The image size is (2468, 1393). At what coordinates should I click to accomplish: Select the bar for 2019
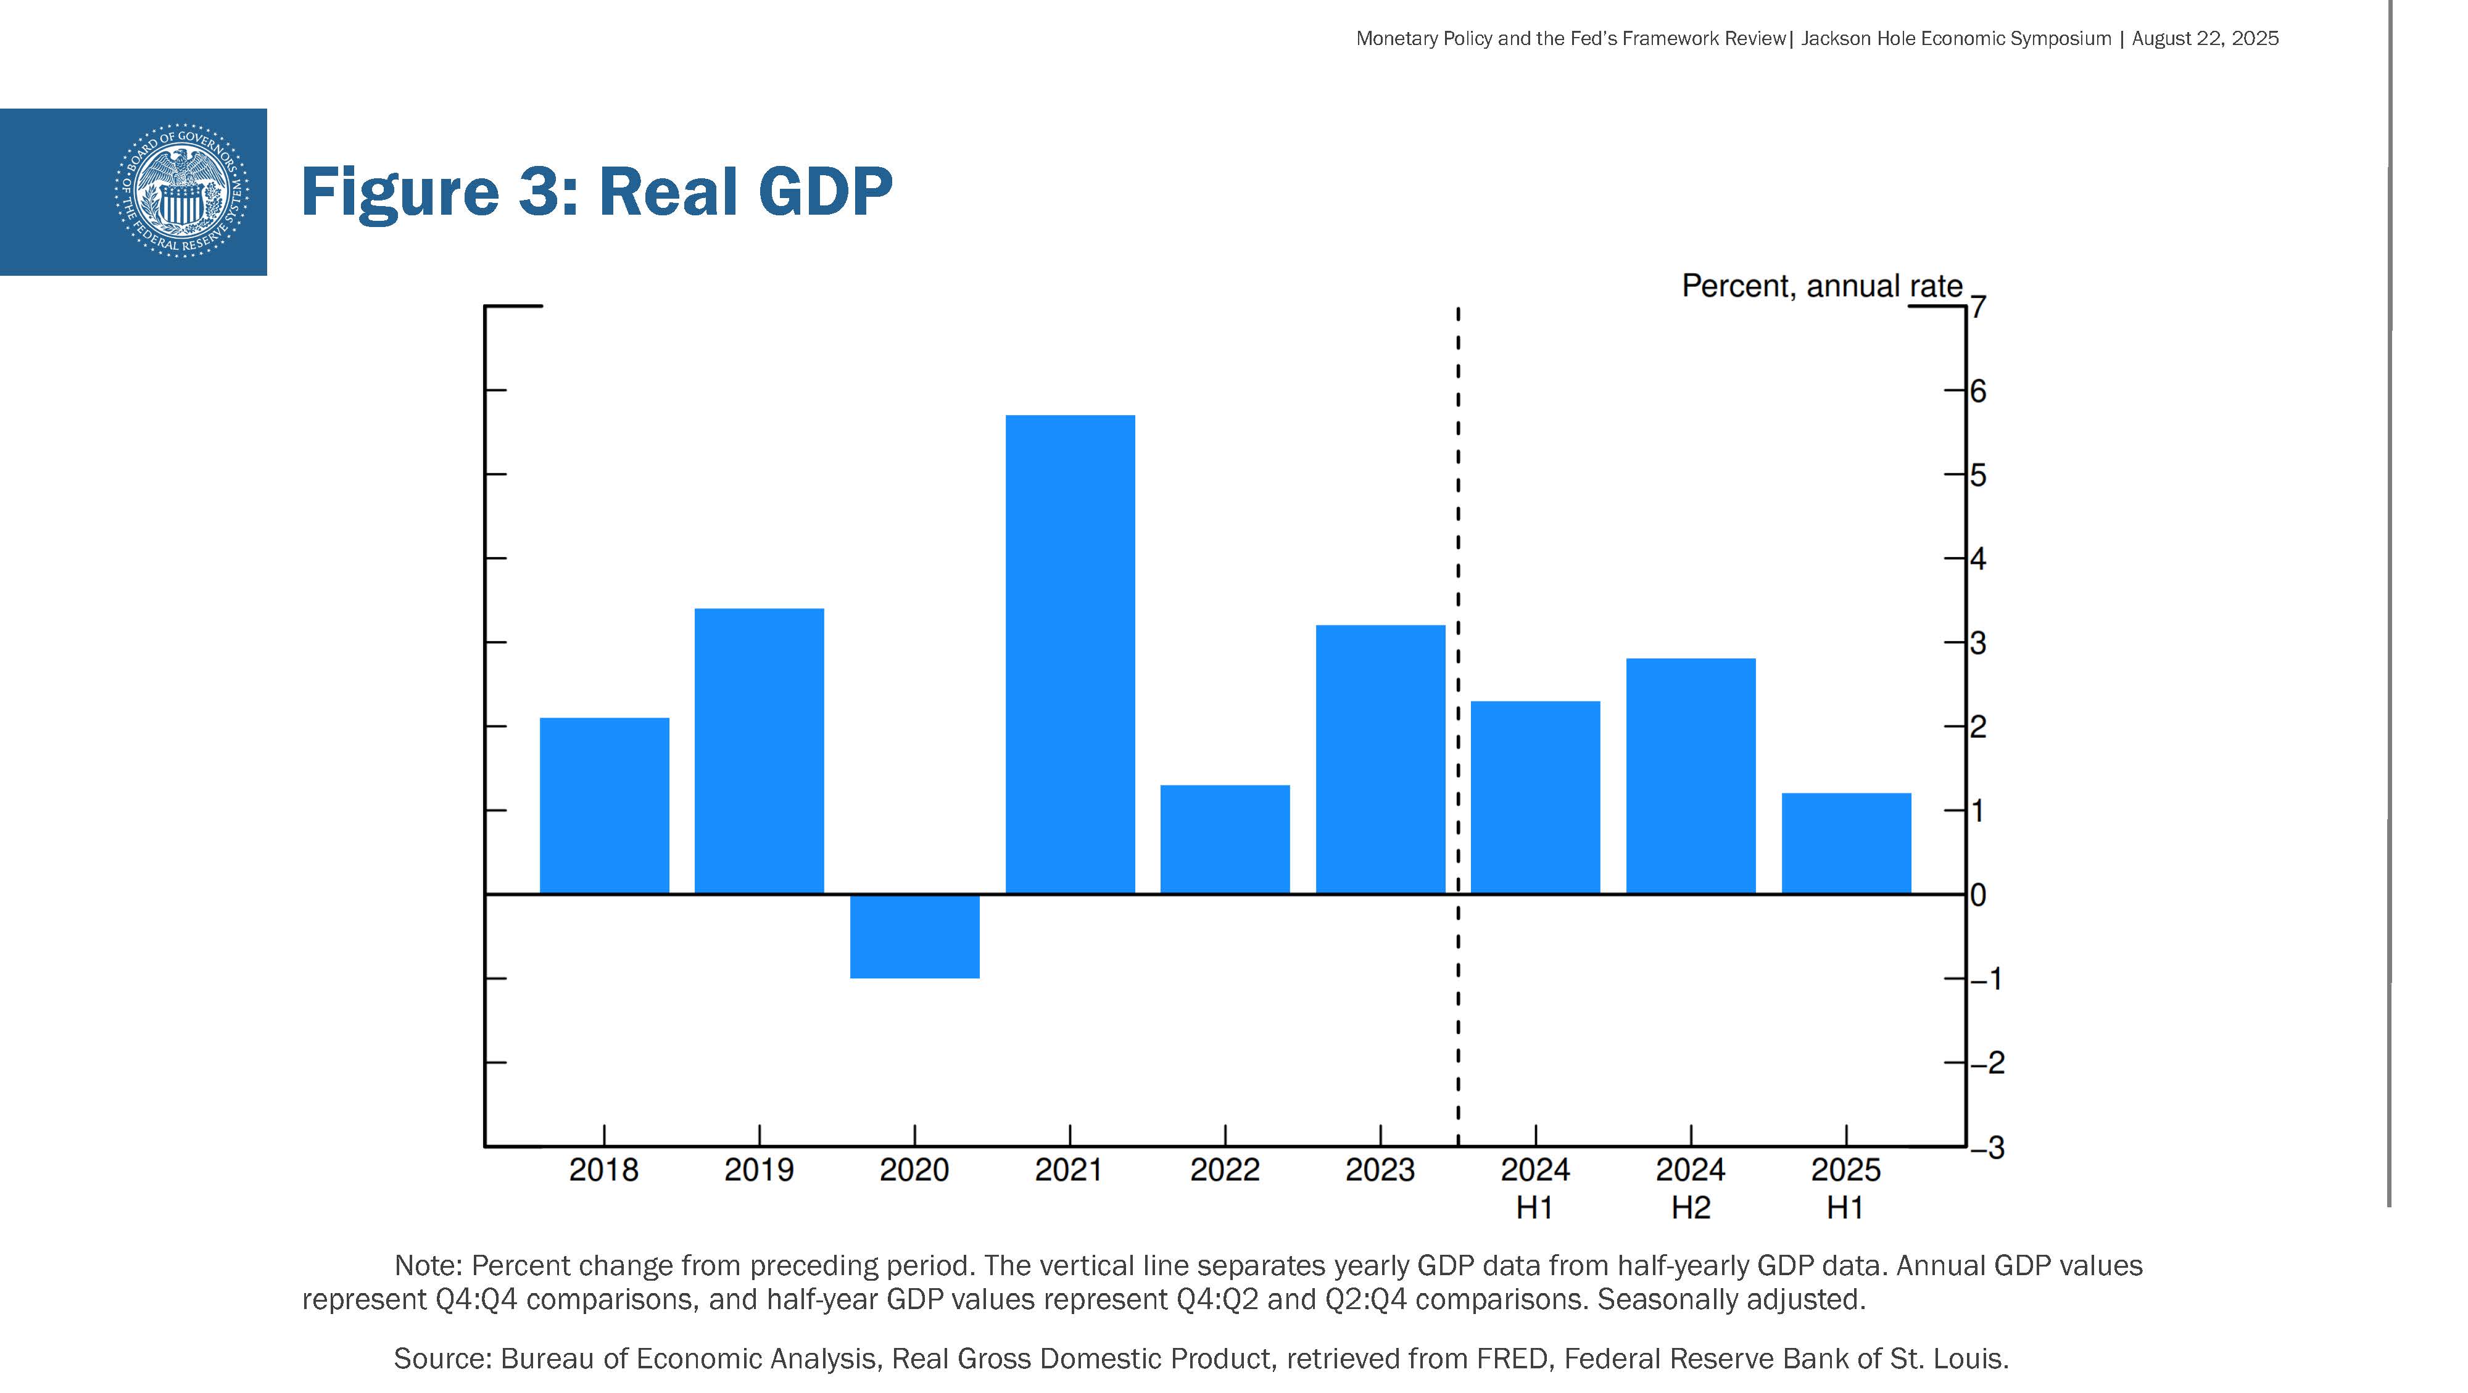pos(759,751)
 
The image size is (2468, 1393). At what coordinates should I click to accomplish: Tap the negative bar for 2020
pos(915,936)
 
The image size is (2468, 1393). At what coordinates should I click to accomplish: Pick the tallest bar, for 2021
pos(1070,655)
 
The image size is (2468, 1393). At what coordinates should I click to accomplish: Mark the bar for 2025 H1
pos(1845,843)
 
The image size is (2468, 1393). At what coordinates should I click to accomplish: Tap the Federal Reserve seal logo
pos(181,191)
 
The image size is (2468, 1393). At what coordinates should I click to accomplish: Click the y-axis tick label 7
pos(1979,307)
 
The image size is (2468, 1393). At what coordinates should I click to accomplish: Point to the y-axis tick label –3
pos(1987,1147)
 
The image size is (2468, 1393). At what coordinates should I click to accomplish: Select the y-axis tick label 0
pos(1979,895)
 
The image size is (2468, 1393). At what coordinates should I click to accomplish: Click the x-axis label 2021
pos(1069,1170)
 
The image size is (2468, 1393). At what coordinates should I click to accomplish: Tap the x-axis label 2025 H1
pos(1845,1188)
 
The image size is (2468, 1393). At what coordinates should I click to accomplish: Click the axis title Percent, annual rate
pos(1821,286)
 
